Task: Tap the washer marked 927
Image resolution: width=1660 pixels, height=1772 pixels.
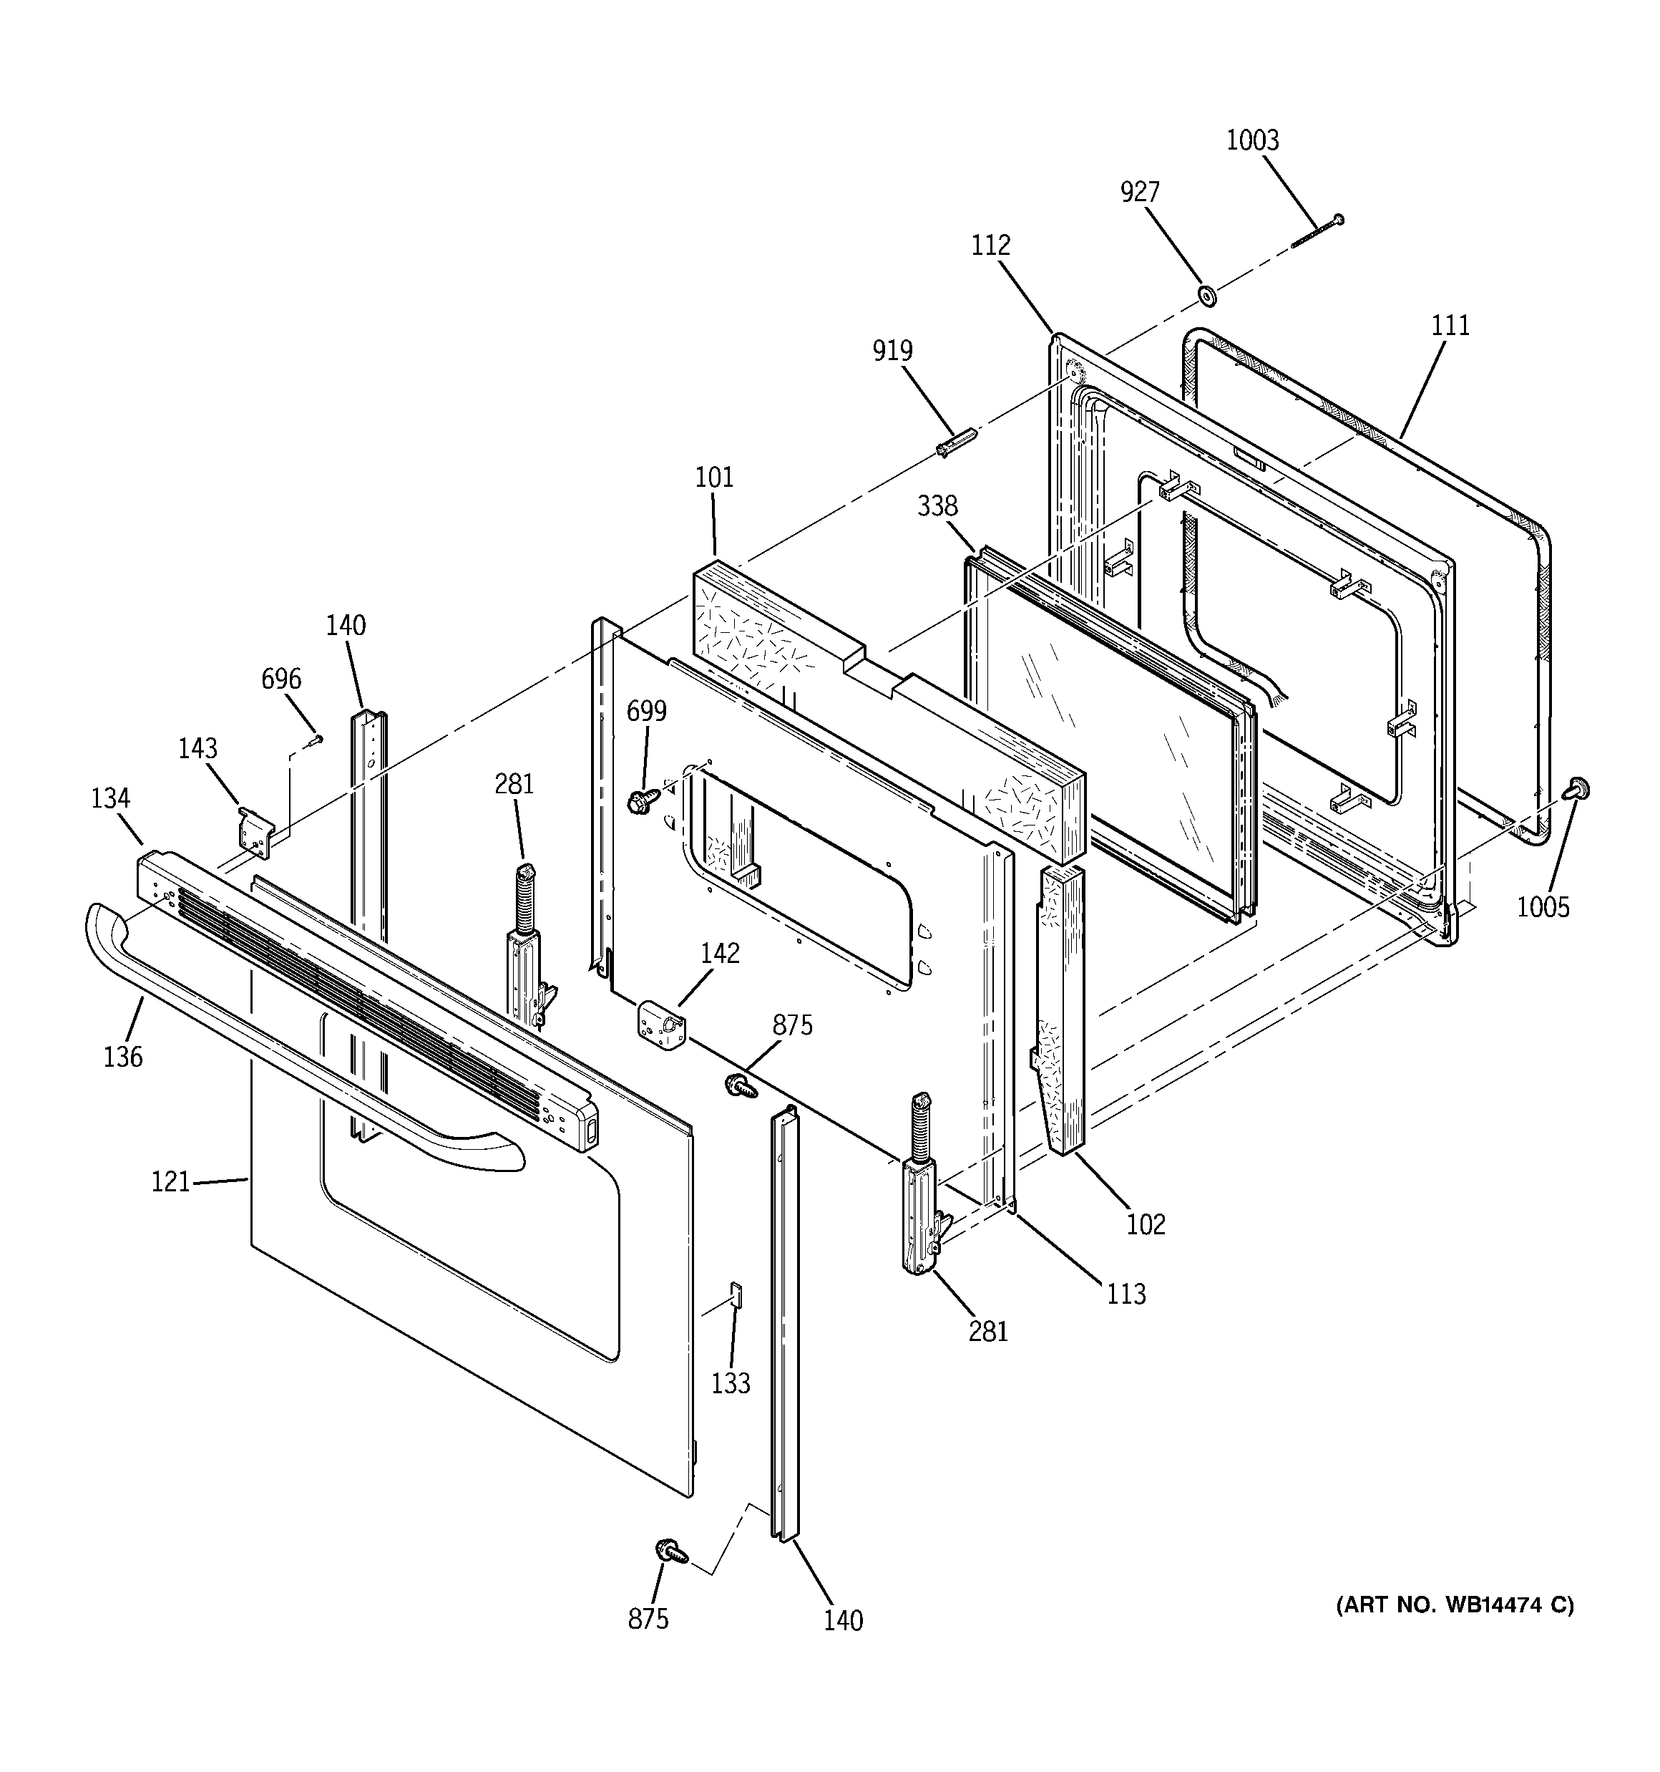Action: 1207,294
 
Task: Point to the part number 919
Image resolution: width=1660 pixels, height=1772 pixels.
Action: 892,350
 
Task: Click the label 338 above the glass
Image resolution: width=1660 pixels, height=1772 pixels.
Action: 937,506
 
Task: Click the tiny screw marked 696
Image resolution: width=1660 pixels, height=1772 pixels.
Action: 315,739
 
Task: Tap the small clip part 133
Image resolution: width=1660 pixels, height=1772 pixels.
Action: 736,1293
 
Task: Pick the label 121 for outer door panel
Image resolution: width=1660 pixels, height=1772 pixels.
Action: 170,1182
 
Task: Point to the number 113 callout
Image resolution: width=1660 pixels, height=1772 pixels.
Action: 1126,1293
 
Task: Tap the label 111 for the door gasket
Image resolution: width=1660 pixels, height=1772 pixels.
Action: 1450,325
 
